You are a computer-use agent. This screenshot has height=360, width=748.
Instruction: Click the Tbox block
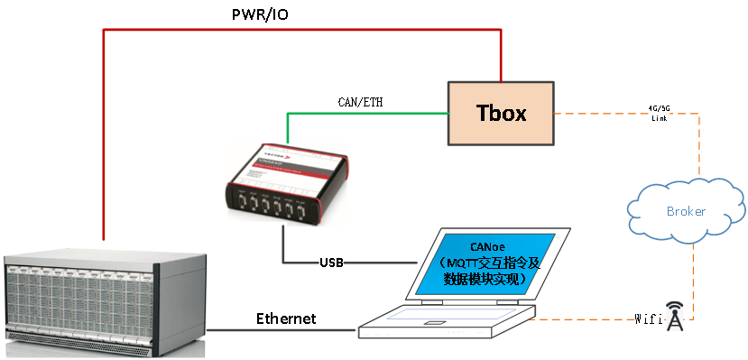click(501, 114)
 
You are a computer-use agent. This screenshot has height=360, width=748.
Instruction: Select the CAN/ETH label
click(360, 101)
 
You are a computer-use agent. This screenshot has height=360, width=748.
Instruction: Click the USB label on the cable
click(331, 263)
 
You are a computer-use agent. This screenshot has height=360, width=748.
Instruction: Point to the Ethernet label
click(286, 318)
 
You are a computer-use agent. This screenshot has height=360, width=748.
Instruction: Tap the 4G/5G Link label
click(660, 114)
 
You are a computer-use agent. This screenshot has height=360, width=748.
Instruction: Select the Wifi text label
click(648, 318)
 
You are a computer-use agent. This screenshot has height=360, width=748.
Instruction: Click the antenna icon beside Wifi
click(674, 317)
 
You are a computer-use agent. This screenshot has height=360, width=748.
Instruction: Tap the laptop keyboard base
click(447, 320)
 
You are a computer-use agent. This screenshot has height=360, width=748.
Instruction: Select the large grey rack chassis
click(104, 302)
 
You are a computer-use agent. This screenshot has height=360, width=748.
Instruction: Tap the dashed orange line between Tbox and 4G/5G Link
click(600, 115)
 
